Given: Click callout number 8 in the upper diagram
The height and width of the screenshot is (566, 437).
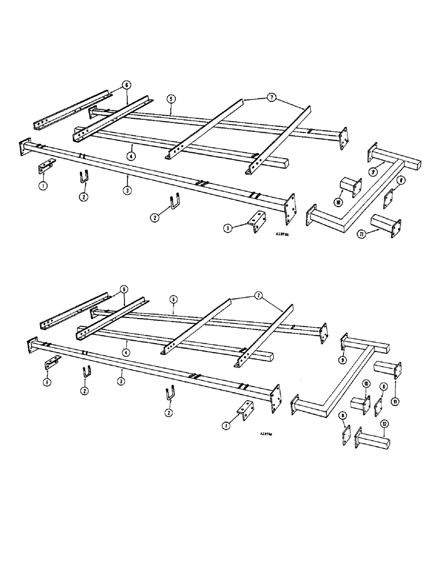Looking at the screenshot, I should click(401, 182).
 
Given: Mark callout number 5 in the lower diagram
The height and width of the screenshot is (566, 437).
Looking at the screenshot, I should click(171, 298).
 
